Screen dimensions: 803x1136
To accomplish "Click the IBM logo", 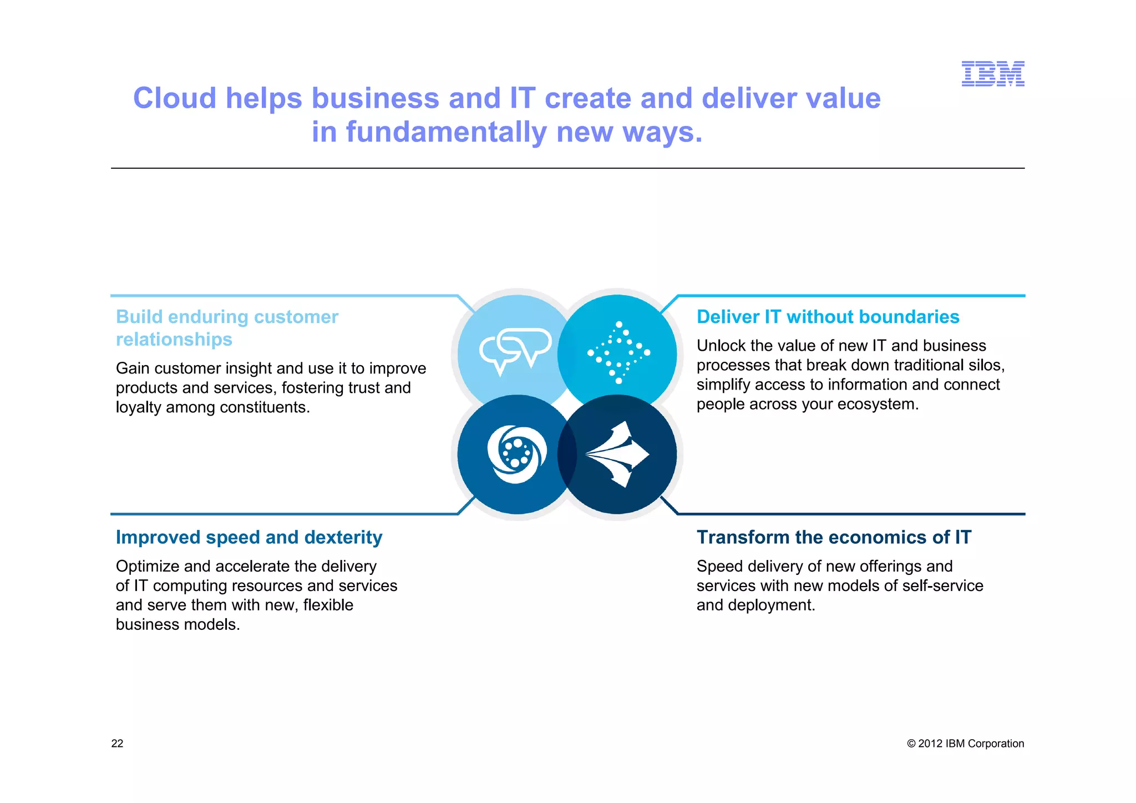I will (x=992, y=74).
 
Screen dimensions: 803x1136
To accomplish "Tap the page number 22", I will (x=117, y=744).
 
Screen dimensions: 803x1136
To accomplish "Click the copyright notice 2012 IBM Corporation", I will (x=965, y=744).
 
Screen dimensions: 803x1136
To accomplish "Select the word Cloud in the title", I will (x=175, y=99).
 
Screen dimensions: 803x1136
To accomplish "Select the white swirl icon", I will (x=516, y=454).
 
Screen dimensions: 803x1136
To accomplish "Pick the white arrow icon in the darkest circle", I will (x=617, y=454).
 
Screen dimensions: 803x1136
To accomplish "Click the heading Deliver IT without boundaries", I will (x=828, y=317).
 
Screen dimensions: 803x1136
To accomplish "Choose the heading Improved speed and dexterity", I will (x=249, y=537).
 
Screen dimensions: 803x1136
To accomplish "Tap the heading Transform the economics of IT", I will (x=834, y=537).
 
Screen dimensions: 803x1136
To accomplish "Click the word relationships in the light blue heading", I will (x=174, y=340).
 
